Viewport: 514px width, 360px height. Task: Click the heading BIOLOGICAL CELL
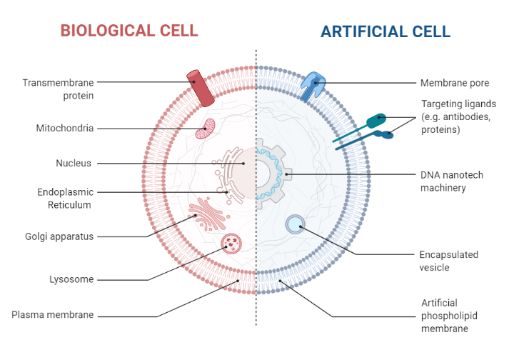tap(129, 31)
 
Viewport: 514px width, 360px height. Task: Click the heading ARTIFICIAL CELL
tap(385, 31)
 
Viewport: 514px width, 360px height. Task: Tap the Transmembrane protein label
tap(58, 89)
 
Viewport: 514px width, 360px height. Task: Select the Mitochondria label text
tap(65, 129)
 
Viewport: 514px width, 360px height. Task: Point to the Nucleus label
tap(74, 163)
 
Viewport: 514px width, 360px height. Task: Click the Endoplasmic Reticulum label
tap(66, 198)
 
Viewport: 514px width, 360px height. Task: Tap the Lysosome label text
tap(71, 279)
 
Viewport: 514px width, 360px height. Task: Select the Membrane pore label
tap(455, 83)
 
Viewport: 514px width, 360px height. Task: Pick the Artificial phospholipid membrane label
tap(444, 316)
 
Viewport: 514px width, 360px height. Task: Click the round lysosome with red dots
tap(231, 244)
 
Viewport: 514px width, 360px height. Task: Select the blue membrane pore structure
tap(313, 84)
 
